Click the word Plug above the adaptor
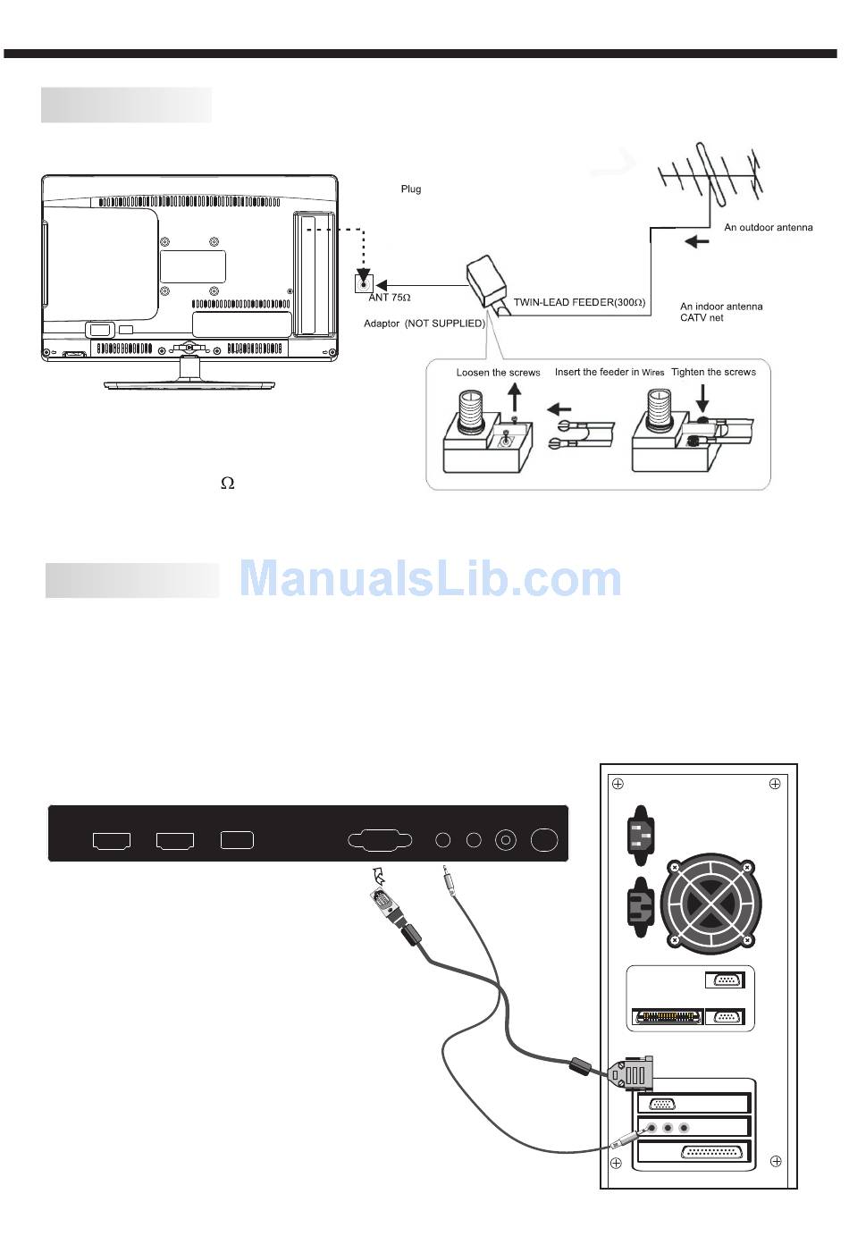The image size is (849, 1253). [x=410, y=189]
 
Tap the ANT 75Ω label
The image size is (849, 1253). [x=390, y=298]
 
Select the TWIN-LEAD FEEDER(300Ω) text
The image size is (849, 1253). [x=579, y=303]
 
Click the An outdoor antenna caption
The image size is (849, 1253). [x=768, y=227]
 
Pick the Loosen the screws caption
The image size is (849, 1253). [x=498, y=373]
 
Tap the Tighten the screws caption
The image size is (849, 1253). [x=713, y=372]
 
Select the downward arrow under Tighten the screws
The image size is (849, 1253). [x=703, y=397]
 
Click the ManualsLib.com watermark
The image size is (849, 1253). [x=430, y=578]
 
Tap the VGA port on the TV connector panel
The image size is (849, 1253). [x=380, y=840]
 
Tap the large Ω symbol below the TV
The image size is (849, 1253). [x=228, y=484]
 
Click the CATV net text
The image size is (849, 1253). [x=702, y=318]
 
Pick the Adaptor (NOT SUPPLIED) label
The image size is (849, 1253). [x=424, y=324]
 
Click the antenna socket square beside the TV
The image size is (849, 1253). [x=364, y=283]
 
